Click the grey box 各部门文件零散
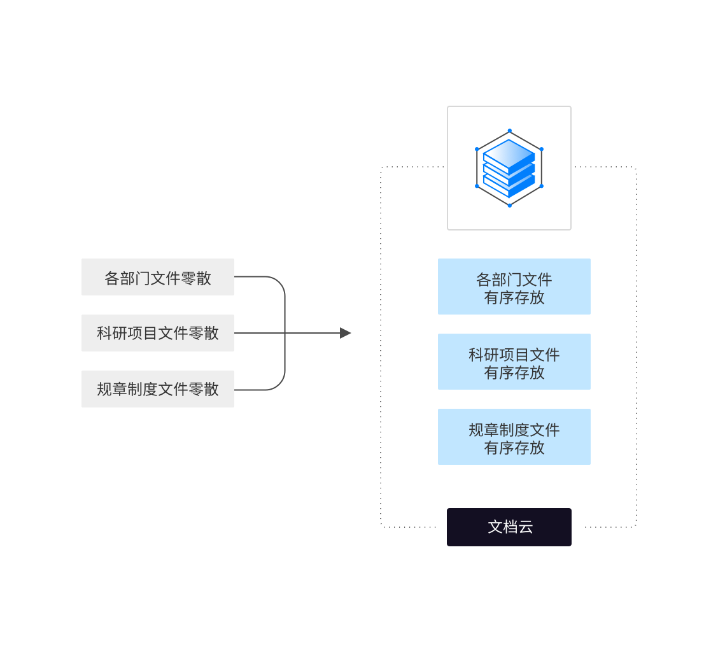coord(158,277)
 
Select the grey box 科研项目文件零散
coord(158,333)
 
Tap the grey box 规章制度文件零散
coord(158,389)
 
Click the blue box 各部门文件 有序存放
coord(514,287)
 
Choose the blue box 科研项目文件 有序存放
coord(514,362)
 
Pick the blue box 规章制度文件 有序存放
coord(514,437)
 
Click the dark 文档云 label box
coord(509,527)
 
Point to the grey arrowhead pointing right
coord(345,333)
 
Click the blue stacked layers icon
coord(509,168)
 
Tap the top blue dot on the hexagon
coord(509,131)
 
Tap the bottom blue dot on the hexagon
coord(509,205)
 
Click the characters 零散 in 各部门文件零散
coord(196,278)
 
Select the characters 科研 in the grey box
coord(112,333)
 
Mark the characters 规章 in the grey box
coord(112,389)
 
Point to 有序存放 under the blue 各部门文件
coord(514,297)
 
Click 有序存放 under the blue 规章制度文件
coord(514,448)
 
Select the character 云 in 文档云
coord(526,527)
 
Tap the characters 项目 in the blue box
coord(514,355)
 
